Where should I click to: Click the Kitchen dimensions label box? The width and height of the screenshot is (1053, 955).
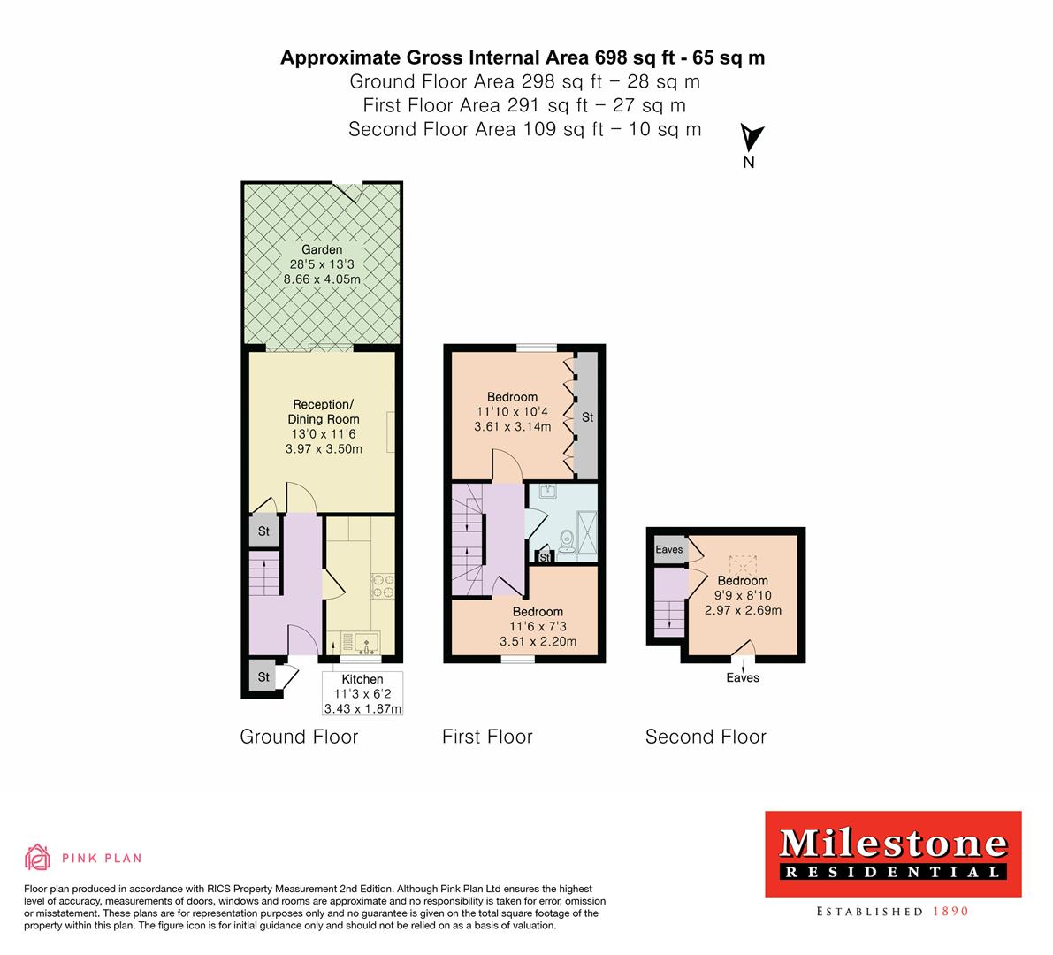[x=362, y=694]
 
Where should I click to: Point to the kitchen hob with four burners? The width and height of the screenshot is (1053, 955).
[x=383, y=586]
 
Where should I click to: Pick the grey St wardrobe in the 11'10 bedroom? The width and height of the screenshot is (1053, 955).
[x=587, y=416]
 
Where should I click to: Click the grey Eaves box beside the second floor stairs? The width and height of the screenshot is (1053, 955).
[x=669, y=549]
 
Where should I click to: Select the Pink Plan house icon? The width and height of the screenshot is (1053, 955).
[x=37, y=857]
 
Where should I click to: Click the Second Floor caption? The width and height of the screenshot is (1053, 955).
[x=706, y=737]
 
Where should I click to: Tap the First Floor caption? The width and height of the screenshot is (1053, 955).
[x=487, y=737]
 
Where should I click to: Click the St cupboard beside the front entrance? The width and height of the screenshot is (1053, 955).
[x=263, y=677]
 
